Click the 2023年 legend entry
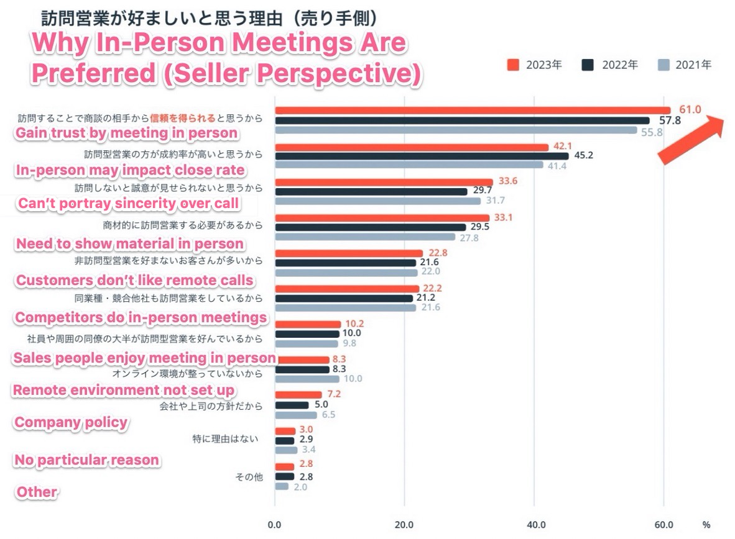pyautogui.click(x=535, y=65)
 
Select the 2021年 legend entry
pyautogui.click(x=685, y=65)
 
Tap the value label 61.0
pyautogui.click(x=689, y=110)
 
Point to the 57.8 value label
pyautogui.click(x=669, y=120)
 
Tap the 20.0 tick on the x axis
pyautogui.click(x=404, y=525)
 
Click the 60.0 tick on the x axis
pyautogui.click(x=664, y=525)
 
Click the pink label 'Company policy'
pyautogui.click(x=71, y=423)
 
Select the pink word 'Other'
pyautogui.click(x=37, y=492)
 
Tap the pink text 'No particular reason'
pyautogui.click(x=86, y=460)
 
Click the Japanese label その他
pyautogui.click(x=249, y=477)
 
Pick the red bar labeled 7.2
pyautogui.click(x=298, y=395)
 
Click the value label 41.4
pyautogui.click(x=557, y=166)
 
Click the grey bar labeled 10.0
pyautogui.click(x=307, y=379)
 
